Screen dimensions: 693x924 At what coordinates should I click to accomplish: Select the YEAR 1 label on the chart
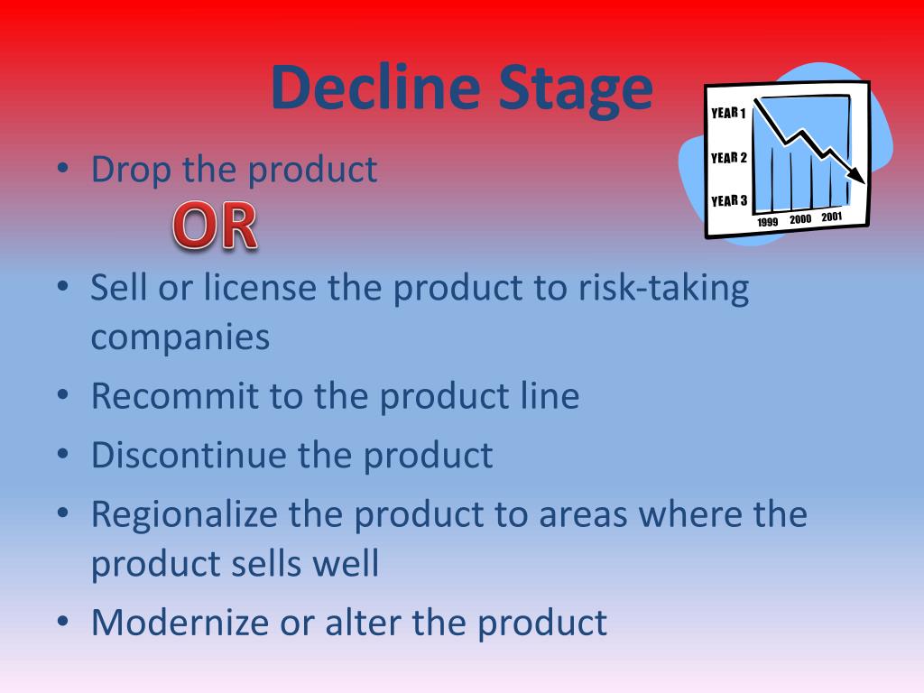728,114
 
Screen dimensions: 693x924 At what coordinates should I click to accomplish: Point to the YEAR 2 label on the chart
728,158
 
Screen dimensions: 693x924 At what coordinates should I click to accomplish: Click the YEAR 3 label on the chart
728,200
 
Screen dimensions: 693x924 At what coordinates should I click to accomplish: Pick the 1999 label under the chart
768,222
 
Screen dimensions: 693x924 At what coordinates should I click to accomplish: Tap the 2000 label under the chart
800,219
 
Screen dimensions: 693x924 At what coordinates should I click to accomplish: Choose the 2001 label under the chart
832,217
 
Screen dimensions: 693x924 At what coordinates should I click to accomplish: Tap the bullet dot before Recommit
62,397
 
